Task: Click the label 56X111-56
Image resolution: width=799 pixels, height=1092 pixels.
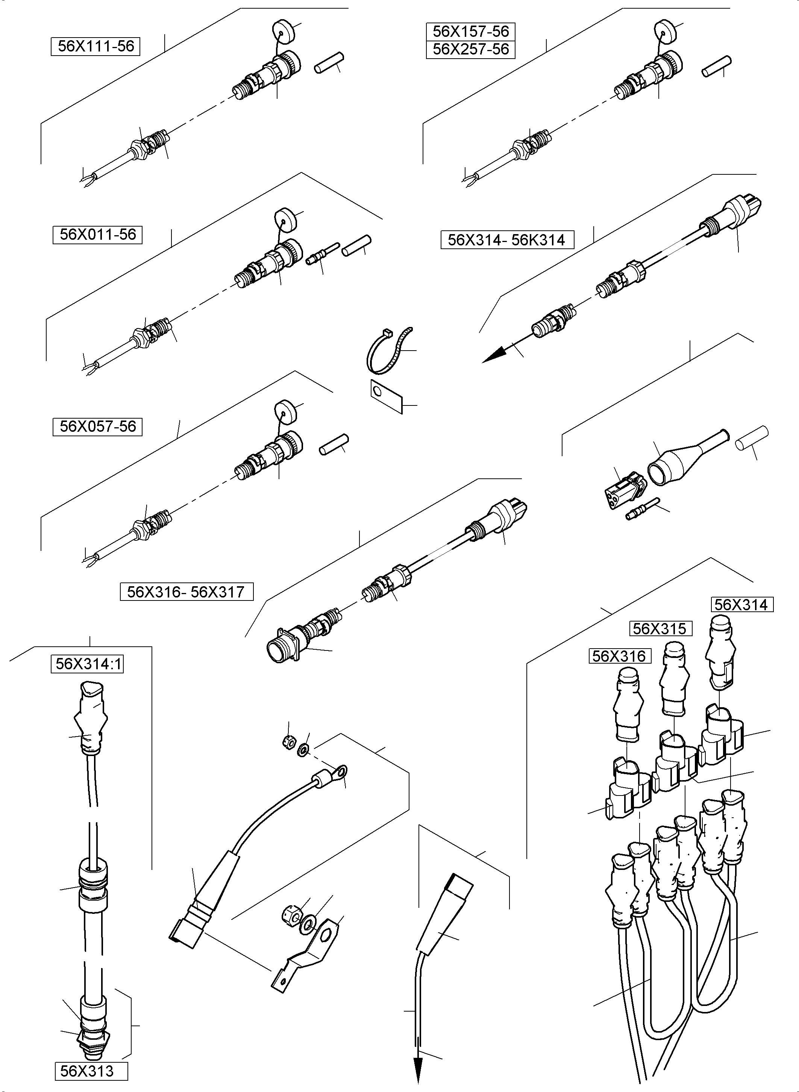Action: click(x=95, y=46)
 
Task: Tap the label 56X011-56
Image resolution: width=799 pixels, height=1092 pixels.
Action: click(x=97, y=234)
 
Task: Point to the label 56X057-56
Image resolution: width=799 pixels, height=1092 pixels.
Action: click(x=97, y=427)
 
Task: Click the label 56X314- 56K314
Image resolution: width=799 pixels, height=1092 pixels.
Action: click(x=506, y=240)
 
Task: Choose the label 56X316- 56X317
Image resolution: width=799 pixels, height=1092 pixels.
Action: click(x=186, y=592)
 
